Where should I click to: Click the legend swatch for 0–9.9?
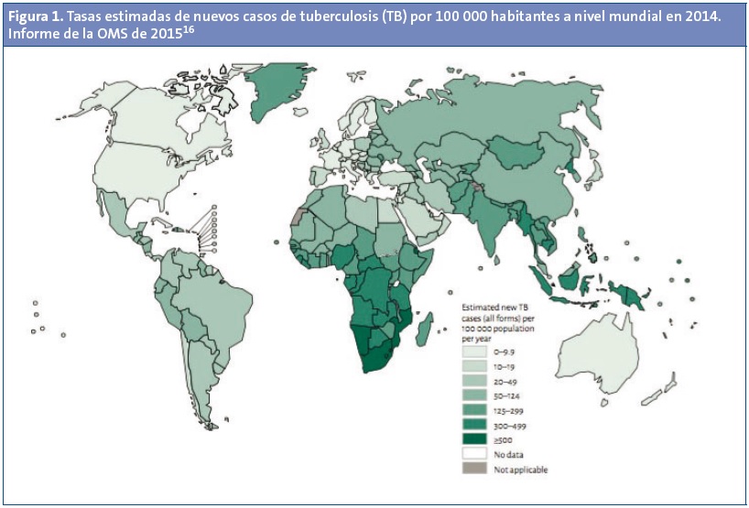pos(474,351)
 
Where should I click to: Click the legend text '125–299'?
pos(506,411)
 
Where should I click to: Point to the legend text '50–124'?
pos(505,395)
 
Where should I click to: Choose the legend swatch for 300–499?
pos(474,426)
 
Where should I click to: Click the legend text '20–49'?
pos(503,381)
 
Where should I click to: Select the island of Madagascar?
pos(424,329)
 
